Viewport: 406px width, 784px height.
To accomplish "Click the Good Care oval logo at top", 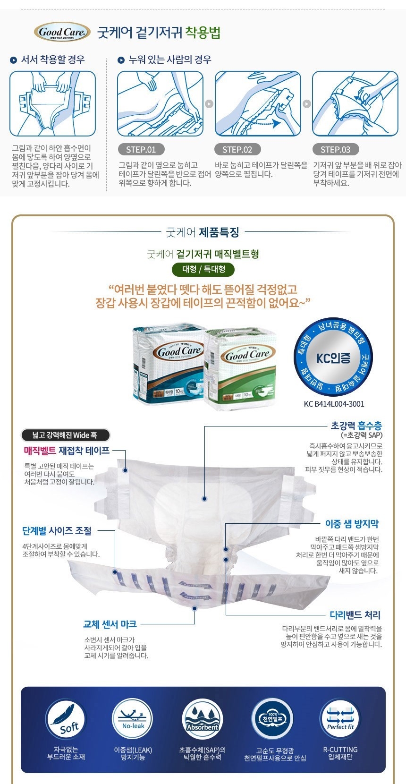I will [x=62, y=32].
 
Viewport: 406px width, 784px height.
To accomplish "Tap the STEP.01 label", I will [x=141, y=150].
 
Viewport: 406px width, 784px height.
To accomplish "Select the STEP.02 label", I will [x=237, y=150].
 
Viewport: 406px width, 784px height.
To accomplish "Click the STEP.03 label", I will [x=335, y=150].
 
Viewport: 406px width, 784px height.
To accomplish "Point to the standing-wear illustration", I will [x=52, y=104].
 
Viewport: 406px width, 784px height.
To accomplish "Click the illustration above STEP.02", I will [x=258, y=104].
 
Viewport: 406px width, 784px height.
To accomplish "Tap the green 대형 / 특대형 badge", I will [x=203, y=269].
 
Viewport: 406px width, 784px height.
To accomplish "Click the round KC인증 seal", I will [x=333, y=357].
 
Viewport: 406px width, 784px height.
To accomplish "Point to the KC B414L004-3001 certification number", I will [x=334, y=404].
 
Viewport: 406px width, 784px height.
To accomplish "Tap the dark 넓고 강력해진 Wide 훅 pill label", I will [x=65, y=435].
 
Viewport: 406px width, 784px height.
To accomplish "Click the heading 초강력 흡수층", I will [x=356, y=426].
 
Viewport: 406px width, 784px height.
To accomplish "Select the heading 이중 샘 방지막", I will [x=352, y=524].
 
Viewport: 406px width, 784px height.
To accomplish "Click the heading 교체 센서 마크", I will [x=110, y=624].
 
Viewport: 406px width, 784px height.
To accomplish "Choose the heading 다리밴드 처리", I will [x=355, y=614].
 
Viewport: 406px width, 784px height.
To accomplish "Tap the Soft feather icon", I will [x=66, y=719].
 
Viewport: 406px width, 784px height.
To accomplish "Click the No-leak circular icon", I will [x=133, y=719].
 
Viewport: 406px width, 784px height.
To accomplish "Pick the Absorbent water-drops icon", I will [x=202, y=719].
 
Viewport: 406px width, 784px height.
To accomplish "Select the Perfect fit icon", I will [x=340, y=719].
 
